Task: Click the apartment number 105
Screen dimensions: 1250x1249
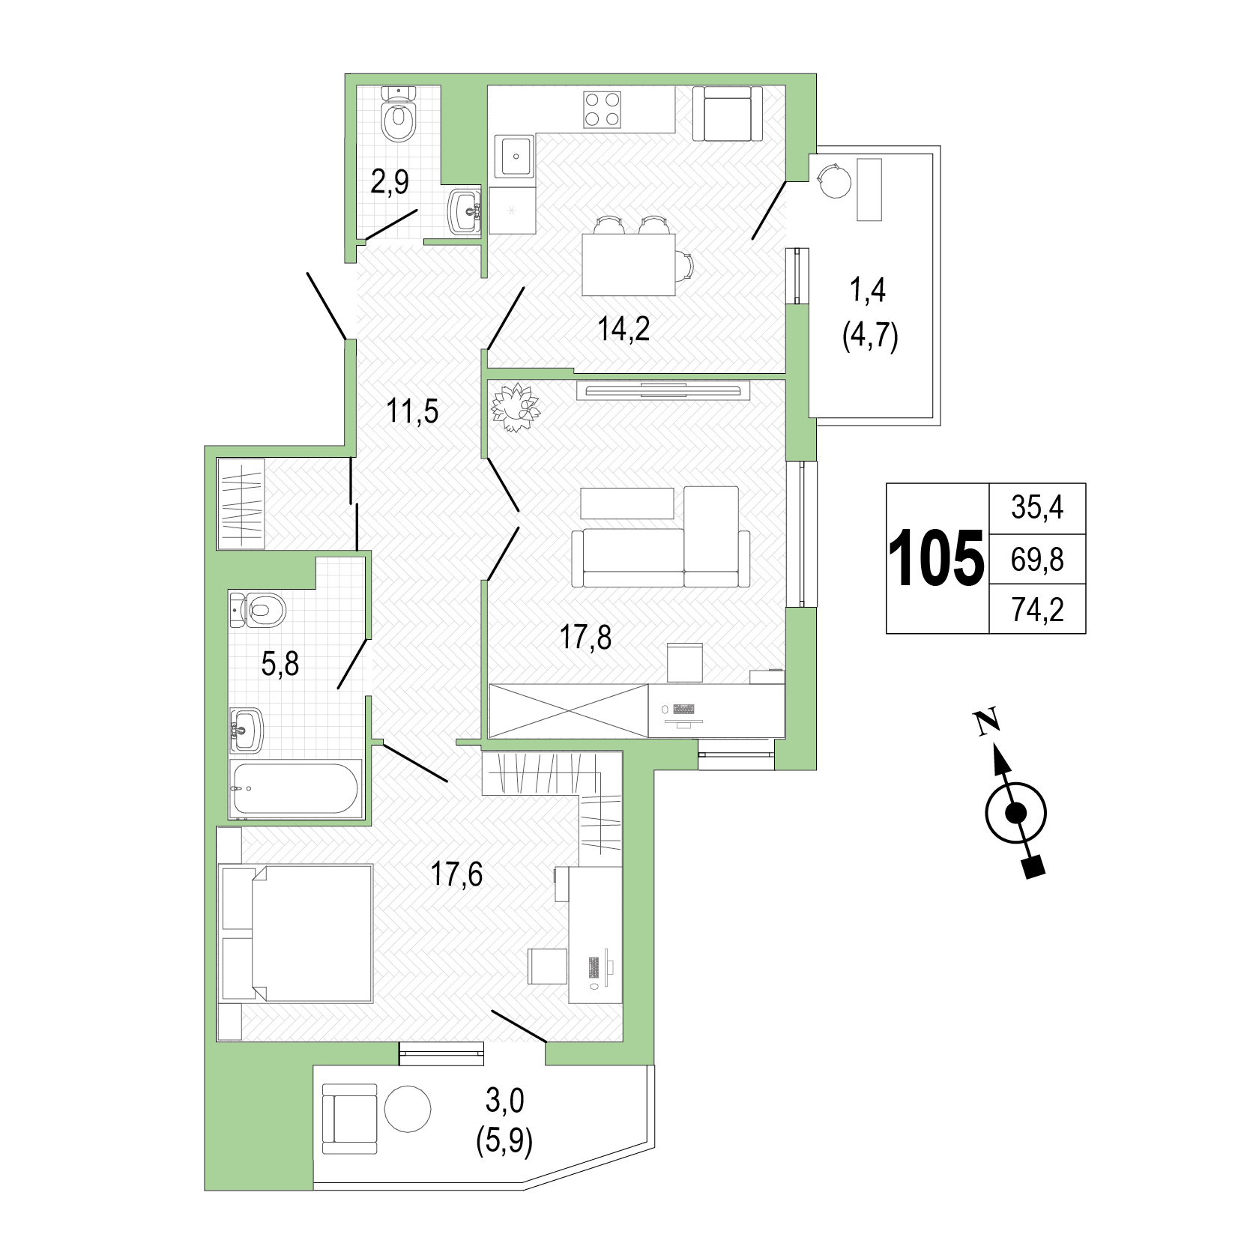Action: click(x=936, y=558)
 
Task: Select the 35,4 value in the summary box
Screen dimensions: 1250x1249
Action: click(x=1037, y=508)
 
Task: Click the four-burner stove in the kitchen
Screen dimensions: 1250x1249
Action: click(x=603, y=109)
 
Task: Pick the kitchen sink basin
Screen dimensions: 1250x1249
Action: click(x=515, y=157)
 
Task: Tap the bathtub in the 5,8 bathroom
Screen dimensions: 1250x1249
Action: click(x=295, y=789)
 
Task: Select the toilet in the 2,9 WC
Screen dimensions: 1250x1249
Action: click(x=398, y=114)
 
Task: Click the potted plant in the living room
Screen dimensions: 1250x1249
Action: click(x=515, y=408)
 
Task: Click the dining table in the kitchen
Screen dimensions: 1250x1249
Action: click(x=629, y=264)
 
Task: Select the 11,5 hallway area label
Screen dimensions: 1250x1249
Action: click(x=413, y=411)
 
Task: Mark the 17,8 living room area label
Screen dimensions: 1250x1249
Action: click(x=585, y=638)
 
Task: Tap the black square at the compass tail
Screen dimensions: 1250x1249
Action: click(x=1034, y=867)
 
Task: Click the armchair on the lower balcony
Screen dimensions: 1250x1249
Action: click(x=349, y=1119)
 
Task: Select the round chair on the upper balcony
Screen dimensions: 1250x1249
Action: click(x=834, y=181)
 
